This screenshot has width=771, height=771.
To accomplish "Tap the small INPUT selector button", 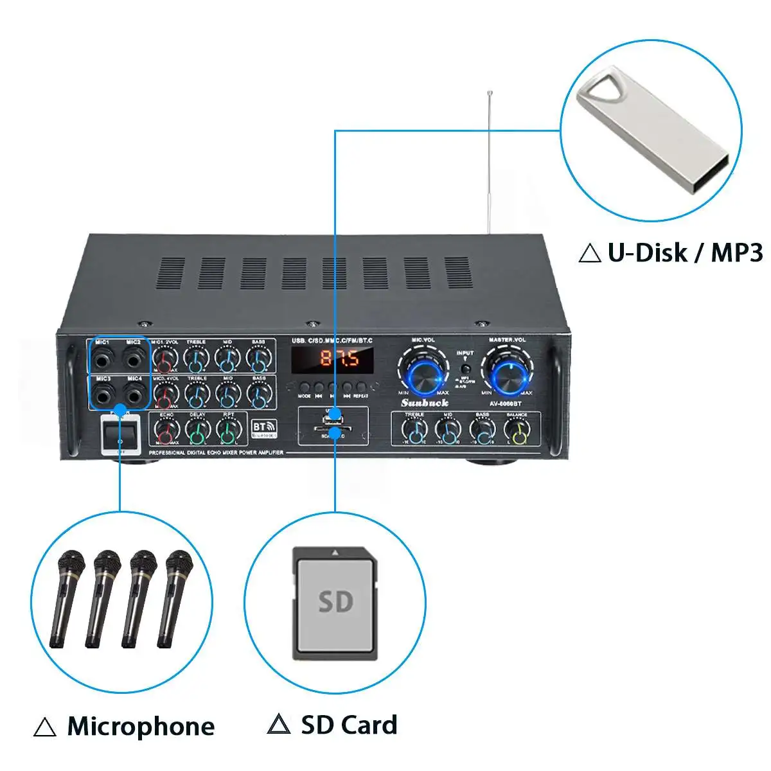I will [x=465, y=369].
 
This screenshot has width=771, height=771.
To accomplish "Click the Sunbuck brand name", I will [x=425, y=403].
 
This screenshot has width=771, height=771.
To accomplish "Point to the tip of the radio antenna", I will [x=490, y=93].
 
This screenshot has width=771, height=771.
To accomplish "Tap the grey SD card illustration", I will [x=335, y=602].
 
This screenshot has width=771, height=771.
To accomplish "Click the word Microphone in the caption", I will [x=141, y=726].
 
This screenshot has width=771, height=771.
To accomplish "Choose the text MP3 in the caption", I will [x=736, y=253].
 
